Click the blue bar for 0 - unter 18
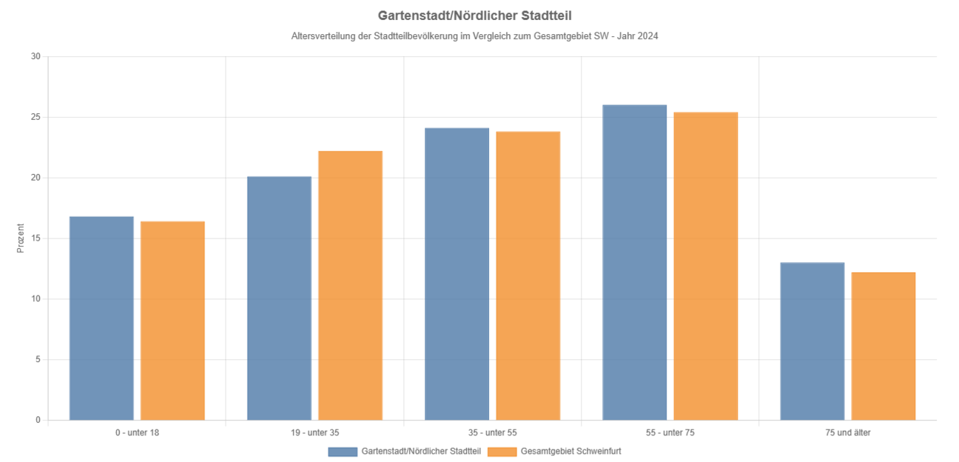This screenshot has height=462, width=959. (101, 318)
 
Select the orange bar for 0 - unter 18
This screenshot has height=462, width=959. (172, 321)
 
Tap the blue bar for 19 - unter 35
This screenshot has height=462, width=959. (279, 298)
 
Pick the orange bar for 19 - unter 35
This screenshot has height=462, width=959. (350, 286)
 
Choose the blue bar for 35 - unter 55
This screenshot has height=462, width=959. (457, 274)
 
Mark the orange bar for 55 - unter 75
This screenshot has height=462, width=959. (705, 267)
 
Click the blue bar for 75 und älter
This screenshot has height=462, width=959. (812, 341)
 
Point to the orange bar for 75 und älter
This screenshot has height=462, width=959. (883, 346)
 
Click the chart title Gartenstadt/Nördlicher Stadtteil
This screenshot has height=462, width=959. (474, 15)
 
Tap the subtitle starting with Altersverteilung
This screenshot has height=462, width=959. (474, 36)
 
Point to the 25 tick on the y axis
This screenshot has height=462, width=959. (36, 117)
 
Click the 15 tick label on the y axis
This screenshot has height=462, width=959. (36, 238)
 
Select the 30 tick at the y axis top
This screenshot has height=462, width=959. (36, 56)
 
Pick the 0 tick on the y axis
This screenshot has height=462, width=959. (38, 421)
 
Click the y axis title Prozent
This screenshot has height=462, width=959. (21, 238)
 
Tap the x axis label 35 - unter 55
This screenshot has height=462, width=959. (492, 432)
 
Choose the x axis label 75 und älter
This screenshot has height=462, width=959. (847, 432)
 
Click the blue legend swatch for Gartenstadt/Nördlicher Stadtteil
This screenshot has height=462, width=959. (343, 451)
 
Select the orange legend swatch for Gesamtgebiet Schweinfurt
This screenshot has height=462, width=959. (502, 451)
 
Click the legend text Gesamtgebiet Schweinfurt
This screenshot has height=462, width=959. (571, 451)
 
